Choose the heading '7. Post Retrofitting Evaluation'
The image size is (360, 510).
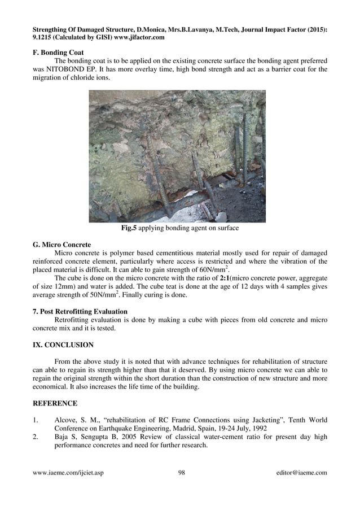point(80,311)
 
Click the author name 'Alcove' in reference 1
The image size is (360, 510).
point(67,420)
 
